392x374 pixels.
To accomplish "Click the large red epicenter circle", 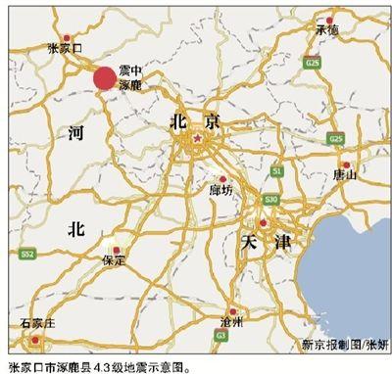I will pos(103,78).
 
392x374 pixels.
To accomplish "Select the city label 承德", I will pos(326,31).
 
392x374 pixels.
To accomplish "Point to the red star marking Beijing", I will pos(196,140).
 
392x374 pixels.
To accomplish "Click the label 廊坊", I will pos(221,192).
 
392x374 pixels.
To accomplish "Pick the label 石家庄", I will pos(37,323).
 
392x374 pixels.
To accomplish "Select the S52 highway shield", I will pos(27,254).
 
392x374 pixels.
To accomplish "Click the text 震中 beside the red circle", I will pos(129,71).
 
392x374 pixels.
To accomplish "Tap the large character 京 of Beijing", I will pos(209,120).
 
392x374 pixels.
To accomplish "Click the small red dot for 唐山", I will pos(345,164).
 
